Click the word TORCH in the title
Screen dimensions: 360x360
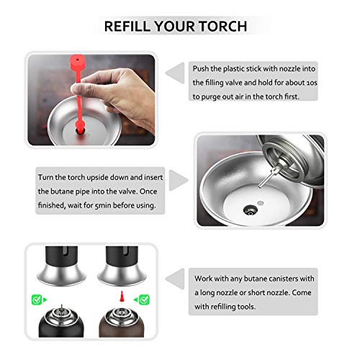click(x=220, y=27)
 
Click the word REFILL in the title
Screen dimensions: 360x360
click(x=132, y=27)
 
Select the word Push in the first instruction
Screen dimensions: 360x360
click(x=204, y=68)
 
